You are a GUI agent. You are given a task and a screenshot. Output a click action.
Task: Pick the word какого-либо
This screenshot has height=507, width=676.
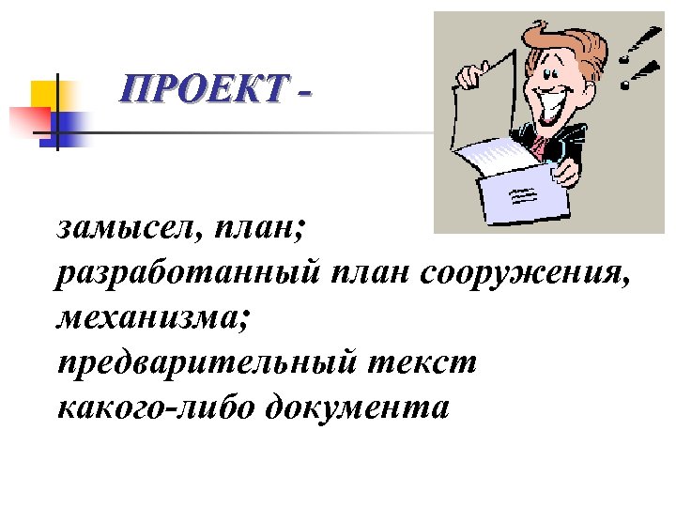pos(155,408)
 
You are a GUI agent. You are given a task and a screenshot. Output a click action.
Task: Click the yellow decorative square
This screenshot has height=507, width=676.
pos(44,95)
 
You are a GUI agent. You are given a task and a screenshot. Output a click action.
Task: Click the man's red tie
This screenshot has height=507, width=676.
pos(541,143)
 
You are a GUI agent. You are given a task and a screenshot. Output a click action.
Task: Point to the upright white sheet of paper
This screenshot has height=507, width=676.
pos(484,94)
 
